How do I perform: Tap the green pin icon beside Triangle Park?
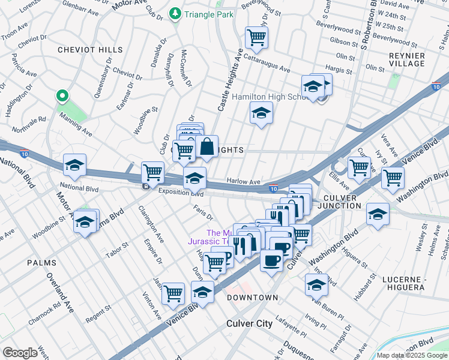175,13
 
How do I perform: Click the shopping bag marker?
206,147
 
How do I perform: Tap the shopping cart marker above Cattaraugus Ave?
256,38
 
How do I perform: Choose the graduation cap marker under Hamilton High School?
261,113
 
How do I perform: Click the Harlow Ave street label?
243,181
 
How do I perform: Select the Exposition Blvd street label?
181,193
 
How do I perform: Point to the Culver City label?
249,323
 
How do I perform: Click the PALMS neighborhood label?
41,263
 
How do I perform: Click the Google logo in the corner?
20,353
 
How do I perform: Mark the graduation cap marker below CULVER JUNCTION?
378,214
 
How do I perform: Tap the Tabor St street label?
117,247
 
